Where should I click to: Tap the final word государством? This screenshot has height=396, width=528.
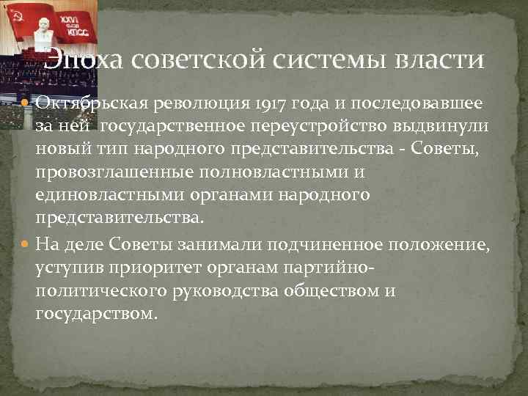(96, 315)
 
